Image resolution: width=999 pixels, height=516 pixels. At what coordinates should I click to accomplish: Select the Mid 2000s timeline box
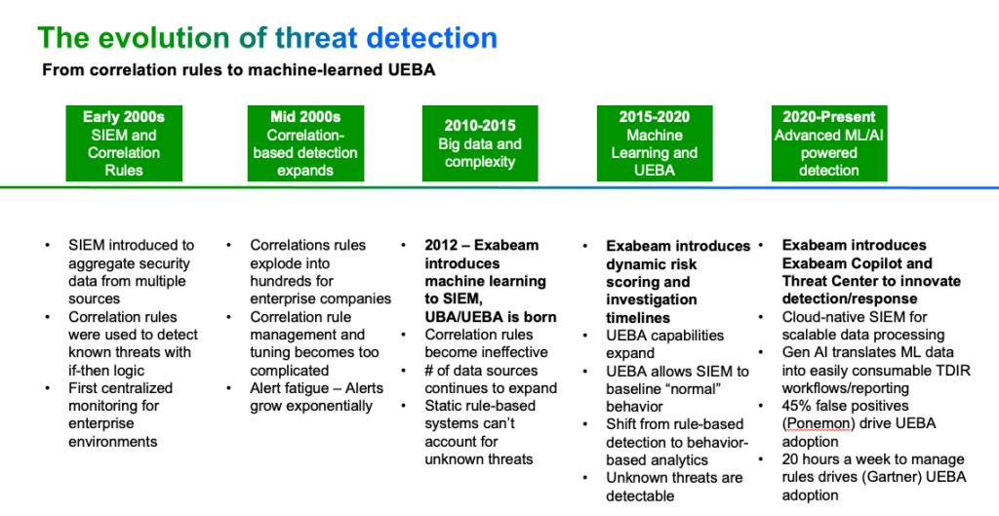(305, 143)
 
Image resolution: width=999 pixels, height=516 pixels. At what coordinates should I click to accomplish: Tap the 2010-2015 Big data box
(479, 143)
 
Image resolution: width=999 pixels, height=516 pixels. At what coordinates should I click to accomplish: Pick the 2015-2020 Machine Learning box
(654, 143)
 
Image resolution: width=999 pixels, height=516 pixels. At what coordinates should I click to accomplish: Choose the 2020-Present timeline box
(828, 143)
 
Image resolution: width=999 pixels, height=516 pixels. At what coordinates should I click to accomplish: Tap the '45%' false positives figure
(799, 406)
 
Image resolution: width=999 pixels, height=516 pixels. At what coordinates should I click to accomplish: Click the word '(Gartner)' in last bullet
(859, 477)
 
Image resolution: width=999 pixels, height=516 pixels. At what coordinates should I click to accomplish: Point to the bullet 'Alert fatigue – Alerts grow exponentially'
(316, 397)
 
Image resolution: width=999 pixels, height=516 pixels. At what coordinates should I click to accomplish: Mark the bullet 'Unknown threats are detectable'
(673, 487)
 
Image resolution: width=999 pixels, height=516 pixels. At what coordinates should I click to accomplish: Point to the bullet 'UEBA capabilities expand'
(664, 343)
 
